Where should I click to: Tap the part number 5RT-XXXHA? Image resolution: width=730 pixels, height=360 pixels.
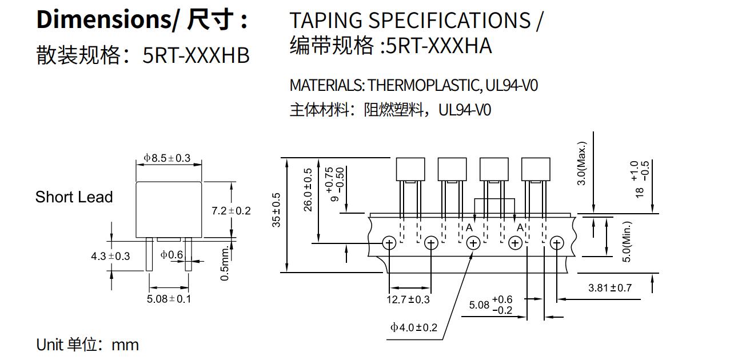[438, 46]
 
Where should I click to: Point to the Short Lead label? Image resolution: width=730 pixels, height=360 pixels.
[74, 197]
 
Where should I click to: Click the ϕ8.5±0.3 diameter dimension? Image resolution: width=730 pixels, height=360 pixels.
[167, 158]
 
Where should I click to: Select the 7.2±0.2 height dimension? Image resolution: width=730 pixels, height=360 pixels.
[231, 211]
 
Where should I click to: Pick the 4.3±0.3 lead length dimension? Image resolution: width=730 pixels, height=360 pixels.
[110, 256]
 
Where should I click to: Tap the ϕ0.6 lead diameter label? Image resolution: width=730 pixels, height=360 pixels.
[171, 255]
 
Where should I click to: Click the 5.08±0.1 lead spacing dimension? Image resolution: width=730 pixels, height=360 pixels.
[169, 298]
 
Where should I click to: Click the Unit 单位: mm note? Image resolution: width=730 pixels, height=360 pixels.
[87, 345]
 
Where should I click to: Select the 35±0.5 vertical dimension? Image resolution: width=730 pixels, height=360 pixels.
[277, 210]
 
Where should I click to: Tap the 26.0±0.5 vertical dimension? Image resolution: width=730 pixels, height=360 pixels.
[308, 190]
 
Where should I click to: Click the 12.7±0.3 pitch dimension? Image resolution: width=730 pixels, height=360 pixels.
[408, 299]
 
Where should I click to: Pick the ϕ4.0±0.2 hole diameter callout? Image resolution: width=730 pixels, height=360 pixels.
[413, 327]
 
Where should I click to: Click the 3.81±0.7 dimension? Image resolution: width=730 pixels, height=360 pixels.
[610, 287]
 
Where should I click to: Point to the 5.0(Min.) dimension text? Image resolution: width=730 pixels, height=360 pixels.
[627, 242]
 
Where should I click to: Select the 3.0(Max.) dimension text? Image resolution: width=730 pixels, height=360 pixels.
[582, 163]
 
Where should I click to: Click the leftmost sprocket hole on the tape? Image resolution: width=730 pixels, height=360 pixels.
[389, 243]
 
